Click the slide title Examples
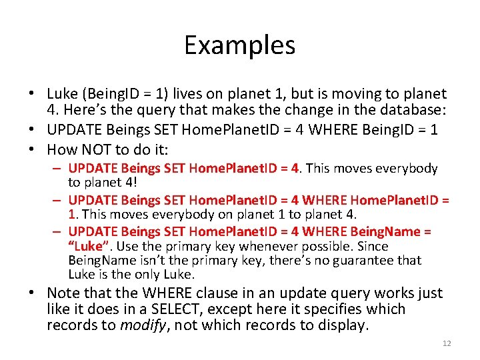click(x=239, y=45)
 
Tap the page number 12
click(x=446, y=343)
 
